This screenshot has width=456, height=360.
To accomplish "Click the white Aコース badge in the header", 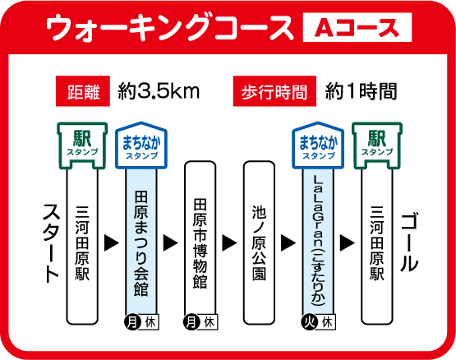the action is point(357,27).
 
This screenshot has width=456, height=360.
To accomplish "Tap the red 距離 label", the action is point(83,91).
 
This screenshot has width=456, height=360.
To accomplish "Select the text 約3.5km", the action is point(159,91).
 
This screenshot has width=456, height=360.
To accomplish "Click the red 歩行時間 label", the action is point(274,91).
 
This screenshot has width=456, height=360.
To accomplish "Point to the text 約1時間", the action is point(362,91).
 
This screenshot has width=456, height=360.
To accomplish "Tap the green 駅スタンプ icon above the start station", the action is point(82,145).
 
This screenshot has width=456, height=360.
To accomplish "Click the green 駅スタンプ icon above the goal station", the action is point(377,145).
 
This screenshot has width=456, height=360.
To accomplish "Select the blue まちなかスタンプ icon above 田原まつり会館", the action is point(141,145).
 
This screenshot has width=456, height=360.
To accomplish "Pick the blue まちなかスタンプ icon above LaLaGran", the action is point(318,145).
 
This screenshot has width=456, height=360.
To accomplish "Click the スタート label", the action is point(52,243).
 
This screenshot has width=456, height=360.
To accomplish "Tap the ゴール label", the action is point(409,242).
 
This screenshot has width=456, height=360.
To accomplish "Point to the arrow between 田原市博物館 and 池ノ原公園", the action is point(229,242).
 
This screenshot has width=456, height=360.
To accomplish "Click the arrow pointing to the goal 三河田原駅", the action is point(348,242).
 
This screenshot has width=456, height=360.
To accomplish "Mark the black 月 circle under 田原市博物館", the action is point(191,322).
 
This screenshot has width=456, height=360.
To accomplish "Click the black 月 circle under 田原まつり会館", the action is point(132,322).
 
